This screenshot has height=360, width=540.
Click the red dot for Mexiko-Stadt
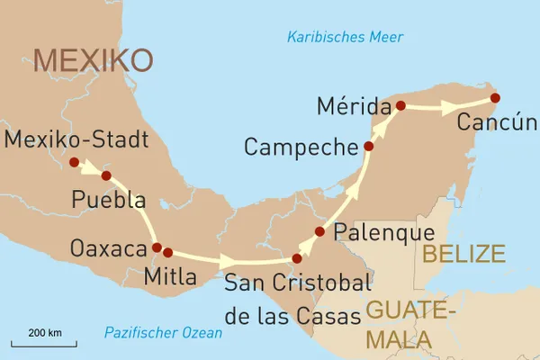pyautogui.click(x=74, y=162)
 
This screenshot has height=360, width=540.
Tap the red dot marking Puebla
pyautogui.click(x=105, y=175)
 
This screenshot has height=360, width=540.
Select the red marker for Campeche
pyautogui.click(x=368, y=146)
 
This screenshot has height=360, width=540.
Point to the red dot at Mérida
pyautogui.click(x=400, y=105)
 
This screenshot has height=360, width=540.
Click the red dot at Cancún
pyautogui.click(x=494, y=97)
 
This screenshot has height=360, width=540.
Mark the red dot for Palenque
pyautogui.click(x=319, y=231)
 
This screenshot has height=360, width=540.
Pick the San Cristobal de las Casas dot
pyautogui.click(x=297, y=258)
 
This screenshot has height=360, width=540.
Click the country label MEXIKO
pyautogui.click(x=93, y=60)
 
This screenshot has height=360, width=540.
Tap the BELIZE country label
pyautogui.click(x=463, y=254)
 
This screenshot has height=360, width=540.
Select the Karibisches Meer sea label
pyautogui.click(x=345, y=37)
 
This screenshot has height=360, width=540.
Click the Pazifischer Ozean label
pyautogui.click(x=162, y=332)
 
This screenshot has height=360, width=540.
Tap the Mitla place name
pyautogui.click(x=169, y=277)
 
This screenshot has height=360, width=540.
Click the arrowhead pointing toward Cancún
pyautogui.click(x=446, y=106)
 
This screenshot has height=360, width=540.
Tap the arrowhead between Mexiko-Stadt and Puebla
pyautogui.click(x=91, y=167)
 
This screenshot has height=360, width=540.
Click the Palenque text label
pyautogui.click(x=378, y=233)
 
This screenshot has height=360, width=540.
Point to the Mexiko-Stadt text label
pyautogui.click(x=76, y=139)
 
